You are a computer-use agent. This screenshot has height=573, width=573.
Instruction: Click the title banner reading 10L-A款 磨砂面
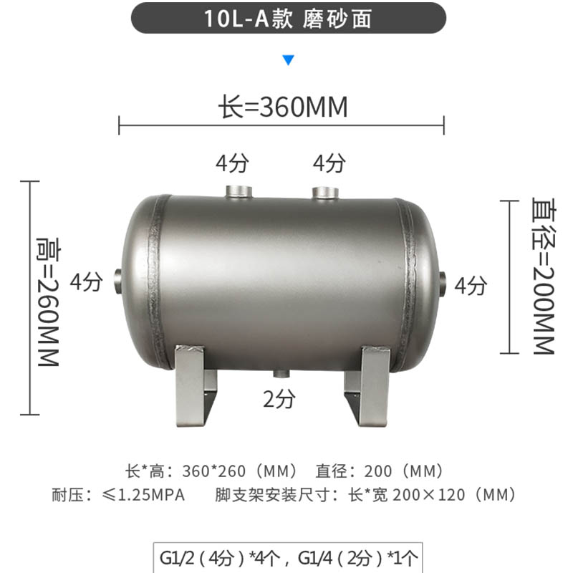[x=288, y=19]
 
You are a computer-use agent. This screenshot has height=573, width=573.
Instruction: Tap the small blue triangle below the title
[x=288, y=60]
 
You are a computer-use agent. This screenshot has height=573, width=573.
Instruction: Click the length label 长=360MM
[x=283, y=107]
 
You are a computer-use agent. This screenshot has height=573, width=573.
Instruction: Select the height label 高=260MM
[x=47, y=301]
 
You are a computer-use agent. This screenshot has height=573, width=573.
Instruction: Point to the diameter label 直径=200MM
[x=543, y=276]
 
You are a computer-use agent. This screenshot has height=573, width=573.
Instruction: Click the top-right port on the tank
[x=326, y=192]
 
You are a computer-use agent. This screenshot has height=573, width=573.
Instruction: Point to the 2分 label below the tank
[x=279, y=400]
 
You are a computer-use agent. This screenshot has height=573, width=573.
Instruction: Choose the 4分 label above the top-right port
[x=329, y=164]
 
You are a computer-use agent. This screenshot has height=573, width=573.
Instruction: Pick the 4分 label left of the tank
[x=86, y=282]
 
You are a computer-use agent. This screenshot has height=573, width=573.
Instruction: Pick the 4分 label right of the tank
[x=471, y=286]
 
